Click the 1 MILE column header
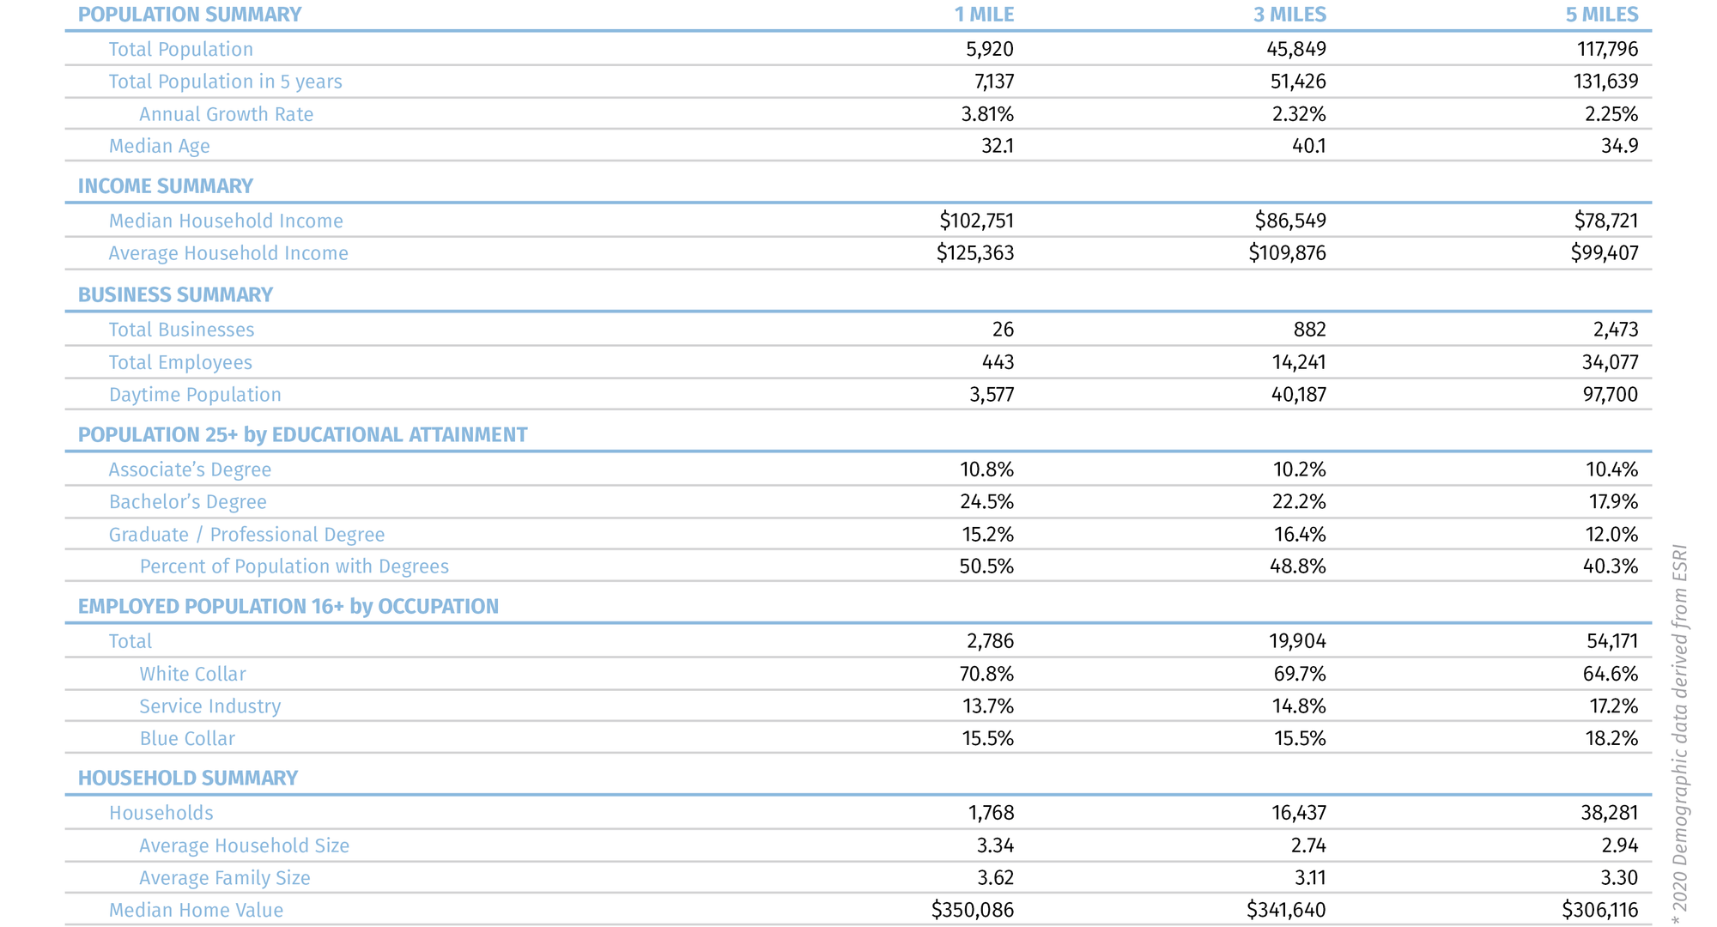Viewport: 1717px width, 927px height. coord(984,15)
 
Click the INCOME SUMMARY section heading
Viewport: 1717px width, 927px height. coord(165,186)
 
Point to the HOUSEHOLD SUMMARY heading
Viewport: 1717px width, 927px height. coord(187,778)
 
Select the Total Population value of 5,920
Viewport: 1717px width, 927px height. coord(990,49)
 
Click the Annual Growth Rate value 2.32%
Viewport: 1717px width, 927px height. coord(1298,114)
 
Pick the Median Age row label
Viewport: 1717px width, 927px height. coord(159,146)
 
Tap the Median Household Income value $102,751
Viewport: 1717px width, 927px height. coord(976,221)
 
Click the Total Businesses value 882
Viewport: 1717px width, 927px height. coord(1309,330)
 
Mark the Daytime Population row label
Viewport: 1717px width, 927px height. coord(195,395)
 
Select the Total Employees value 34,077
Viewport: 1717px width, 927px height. coord(1610,362)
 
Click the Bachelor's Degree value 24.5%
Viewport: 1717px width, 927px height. coord(986,502)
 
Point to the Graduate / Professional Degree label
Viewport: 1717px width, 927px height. coord(246,535)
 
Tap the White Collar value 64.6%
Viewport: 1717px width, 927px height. coord(1610,674)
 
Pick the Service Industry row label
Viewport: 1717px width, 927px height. coord(209,706)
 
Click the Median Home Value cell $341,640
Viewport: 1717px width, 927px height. coord(1286,910)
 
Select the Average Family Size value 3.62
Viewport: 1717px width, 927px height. coord(995,878)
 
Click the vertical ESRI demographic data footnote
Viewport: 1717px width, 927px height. coord(1680,734)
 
